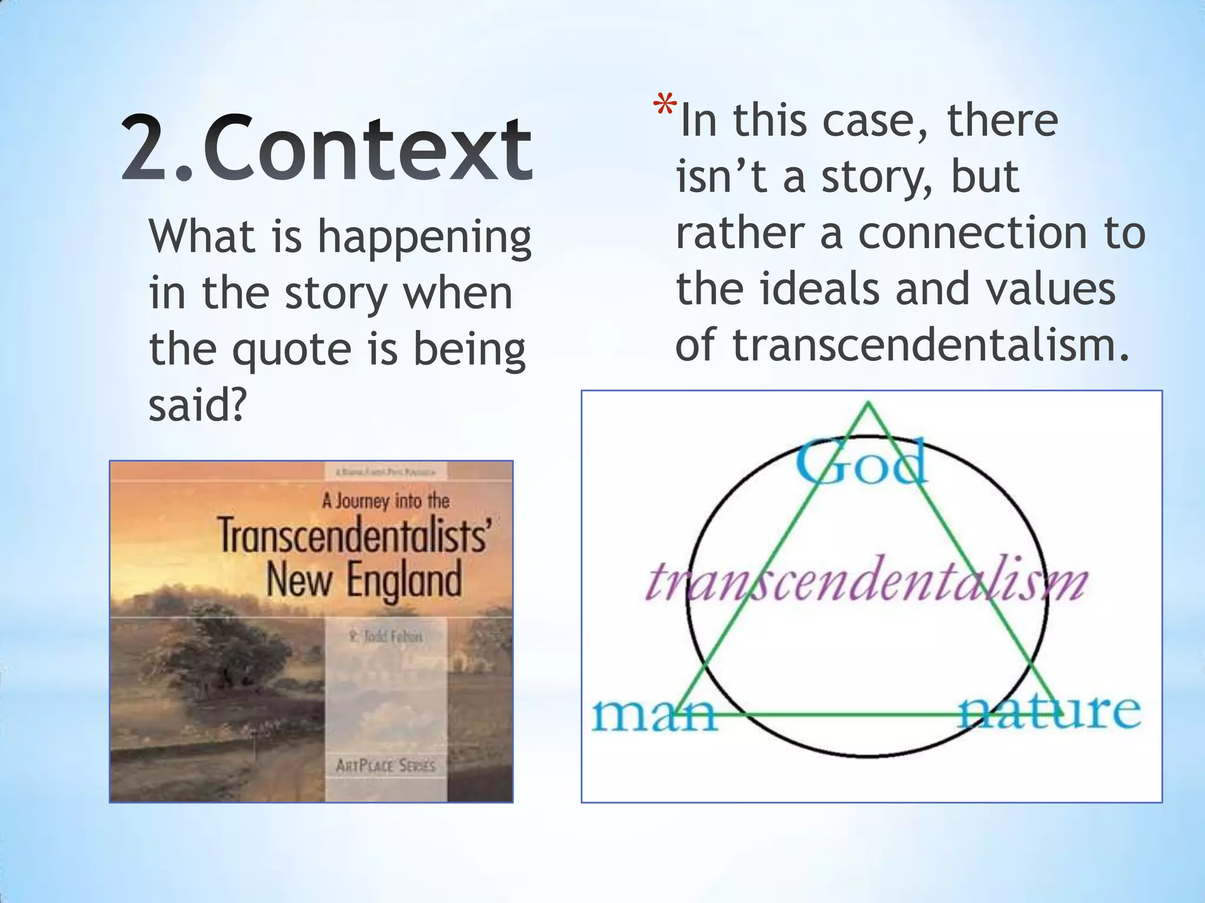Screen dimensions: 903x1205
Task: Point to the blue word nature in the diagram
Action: click(1049, 711)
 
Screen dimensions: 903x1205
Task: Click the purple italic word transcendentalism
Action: click(867, 581)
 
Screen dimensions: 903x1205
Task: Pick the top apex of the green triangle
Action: click(868, 404)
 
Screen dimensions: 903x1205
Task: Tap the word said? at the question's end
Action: click(197, 406)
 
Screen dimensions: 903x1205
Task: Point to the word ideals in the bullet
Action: click(822, 289)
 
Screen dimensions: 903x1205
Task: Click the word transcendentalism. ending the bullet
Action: click(931, 346)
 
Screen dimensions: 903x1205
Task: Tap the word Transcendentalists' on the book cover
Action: click(353, 536)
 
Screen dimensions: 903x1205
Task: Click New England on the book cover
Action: click(364, 580)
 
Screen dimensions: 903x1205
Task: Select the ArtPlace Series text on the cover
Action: click(385, 765)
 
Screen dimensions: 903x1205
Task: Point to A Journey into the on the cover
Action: click(385, 501)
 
